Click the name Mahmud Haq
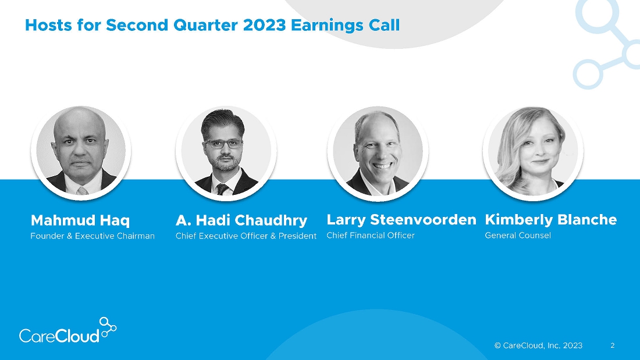pyautogui.click(x=80, y=221)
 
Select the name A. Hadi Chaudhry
pyautogui.click(x=241, y=221)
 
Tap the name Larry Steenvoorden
pyautogui.click(x=401, y=220)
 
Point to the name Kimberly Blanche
pyautogui.click(x=550, y=220)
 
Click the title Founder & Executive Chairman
pyautogui.click(x=93, y=236)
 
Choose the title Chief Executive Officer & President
pyautogui.click(x=246, y=236)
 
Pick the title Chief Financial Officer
pyautogui.click(x=371, y=236)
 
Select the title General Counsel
pyautogui.click(x=518, y=236)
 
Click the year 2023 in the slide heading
pyautogui.click(x=264, y=26)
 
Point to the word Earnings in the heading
pyautogui.click(x=328, y=26)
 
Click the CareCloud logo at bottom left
pyautogui.click(x=67, y=330)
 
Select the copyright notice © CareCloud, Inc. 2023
pyautogui.click(x=538, y=345)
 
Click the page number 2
pyautogui.click(x=612, y=345)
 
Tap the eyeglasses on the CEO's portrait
pyautogui.click(x=223, y=144)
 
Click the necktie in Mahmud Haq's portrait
pyautogui.click(x=82, y=191)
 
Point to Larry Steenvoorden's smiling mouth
pyautogui.click(x=382, y=166)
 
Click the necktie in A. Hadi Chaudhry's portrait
pyautogui.click(x=222, y=189)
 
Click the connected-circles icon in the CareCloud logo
pyautogui.click(x=108, y=327)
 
